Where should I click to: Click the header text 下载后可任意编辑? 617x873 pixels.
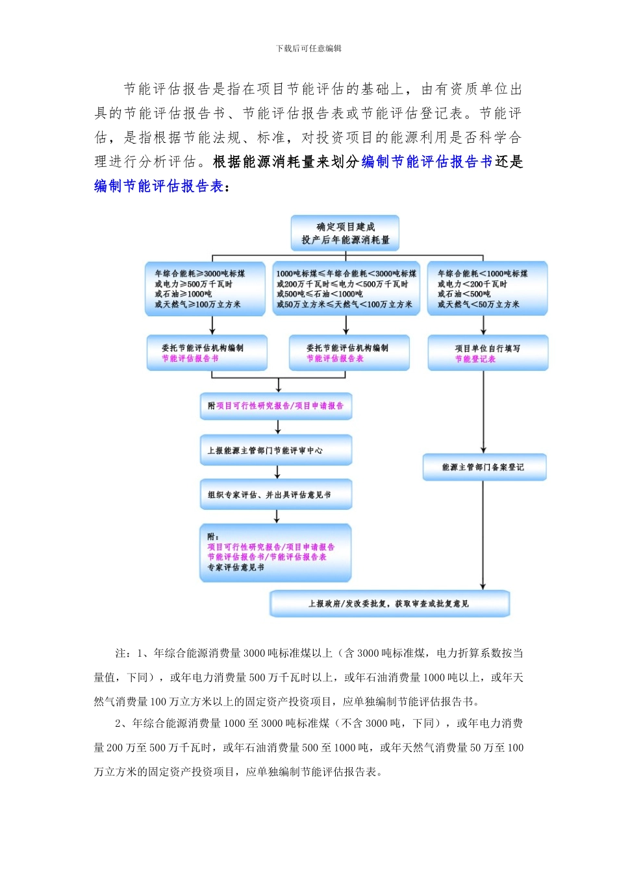pos(308,49)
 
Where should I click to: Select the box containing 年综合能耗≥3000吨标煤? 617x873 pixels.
pos(205,288)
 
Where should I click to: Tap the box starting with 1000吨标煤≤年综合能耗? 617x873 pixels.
pos(346,288)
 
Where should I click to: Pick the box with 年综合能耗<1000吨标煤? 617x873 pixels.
pos(487,288)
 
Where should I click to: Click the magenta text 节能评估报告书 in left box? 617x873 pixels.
pos(190,359)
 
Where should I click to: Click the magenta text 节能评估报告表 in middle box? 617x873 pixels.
pos(335,359)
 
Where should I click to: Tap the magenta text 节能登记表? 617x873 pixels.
pos(475,359)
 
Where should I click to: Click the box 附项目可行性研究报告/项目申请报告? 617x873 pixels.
pos(276,406)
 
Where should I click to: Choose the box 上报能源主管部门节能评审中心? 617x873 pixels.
pos(276,450)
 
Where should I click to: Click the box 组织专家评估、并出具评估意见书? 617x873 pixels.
pos(276,495)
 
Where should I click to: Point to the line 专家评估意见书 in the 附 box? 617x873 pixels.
pos(236,568)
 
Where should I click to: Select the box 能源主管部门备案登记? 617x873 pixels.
pos(484,467)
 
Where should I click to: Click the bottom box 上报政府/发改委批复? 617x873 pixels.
pos(389,603)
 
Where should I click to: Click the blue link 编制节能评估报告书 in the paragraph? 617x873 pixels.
pos(427,162)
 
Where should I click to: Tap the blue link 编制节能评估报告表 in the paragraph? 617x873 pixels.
pos(159,186)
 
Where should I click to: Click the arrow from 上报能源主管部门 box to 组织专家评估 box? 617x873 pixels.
pos(277,472)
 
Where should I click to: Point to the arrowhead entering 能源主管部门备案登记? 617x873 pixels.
pos(483,449)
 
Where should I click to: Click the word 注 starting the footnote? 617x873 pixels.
pos(121,653)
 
